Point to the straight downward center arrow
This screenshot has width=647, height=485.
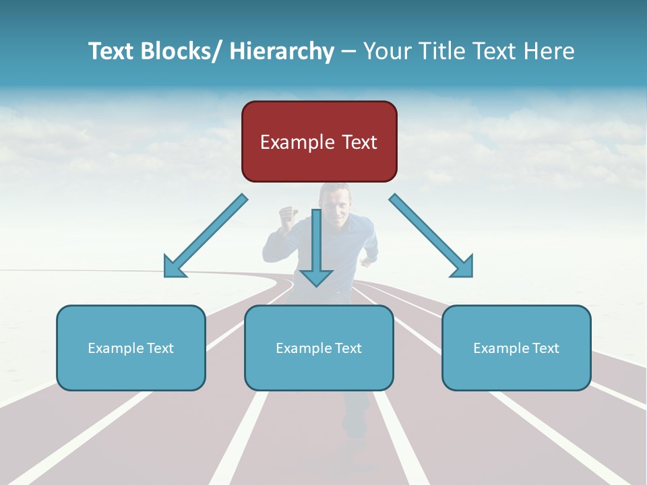click(x=316, y=243)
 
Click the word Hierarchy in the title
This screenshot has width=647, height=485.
click(x=282, y=51)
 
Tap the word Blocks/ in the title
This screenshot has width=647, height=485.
click(x=178, y=51)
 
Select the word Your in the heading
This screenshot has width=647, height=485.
click(x=385, y=51)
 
